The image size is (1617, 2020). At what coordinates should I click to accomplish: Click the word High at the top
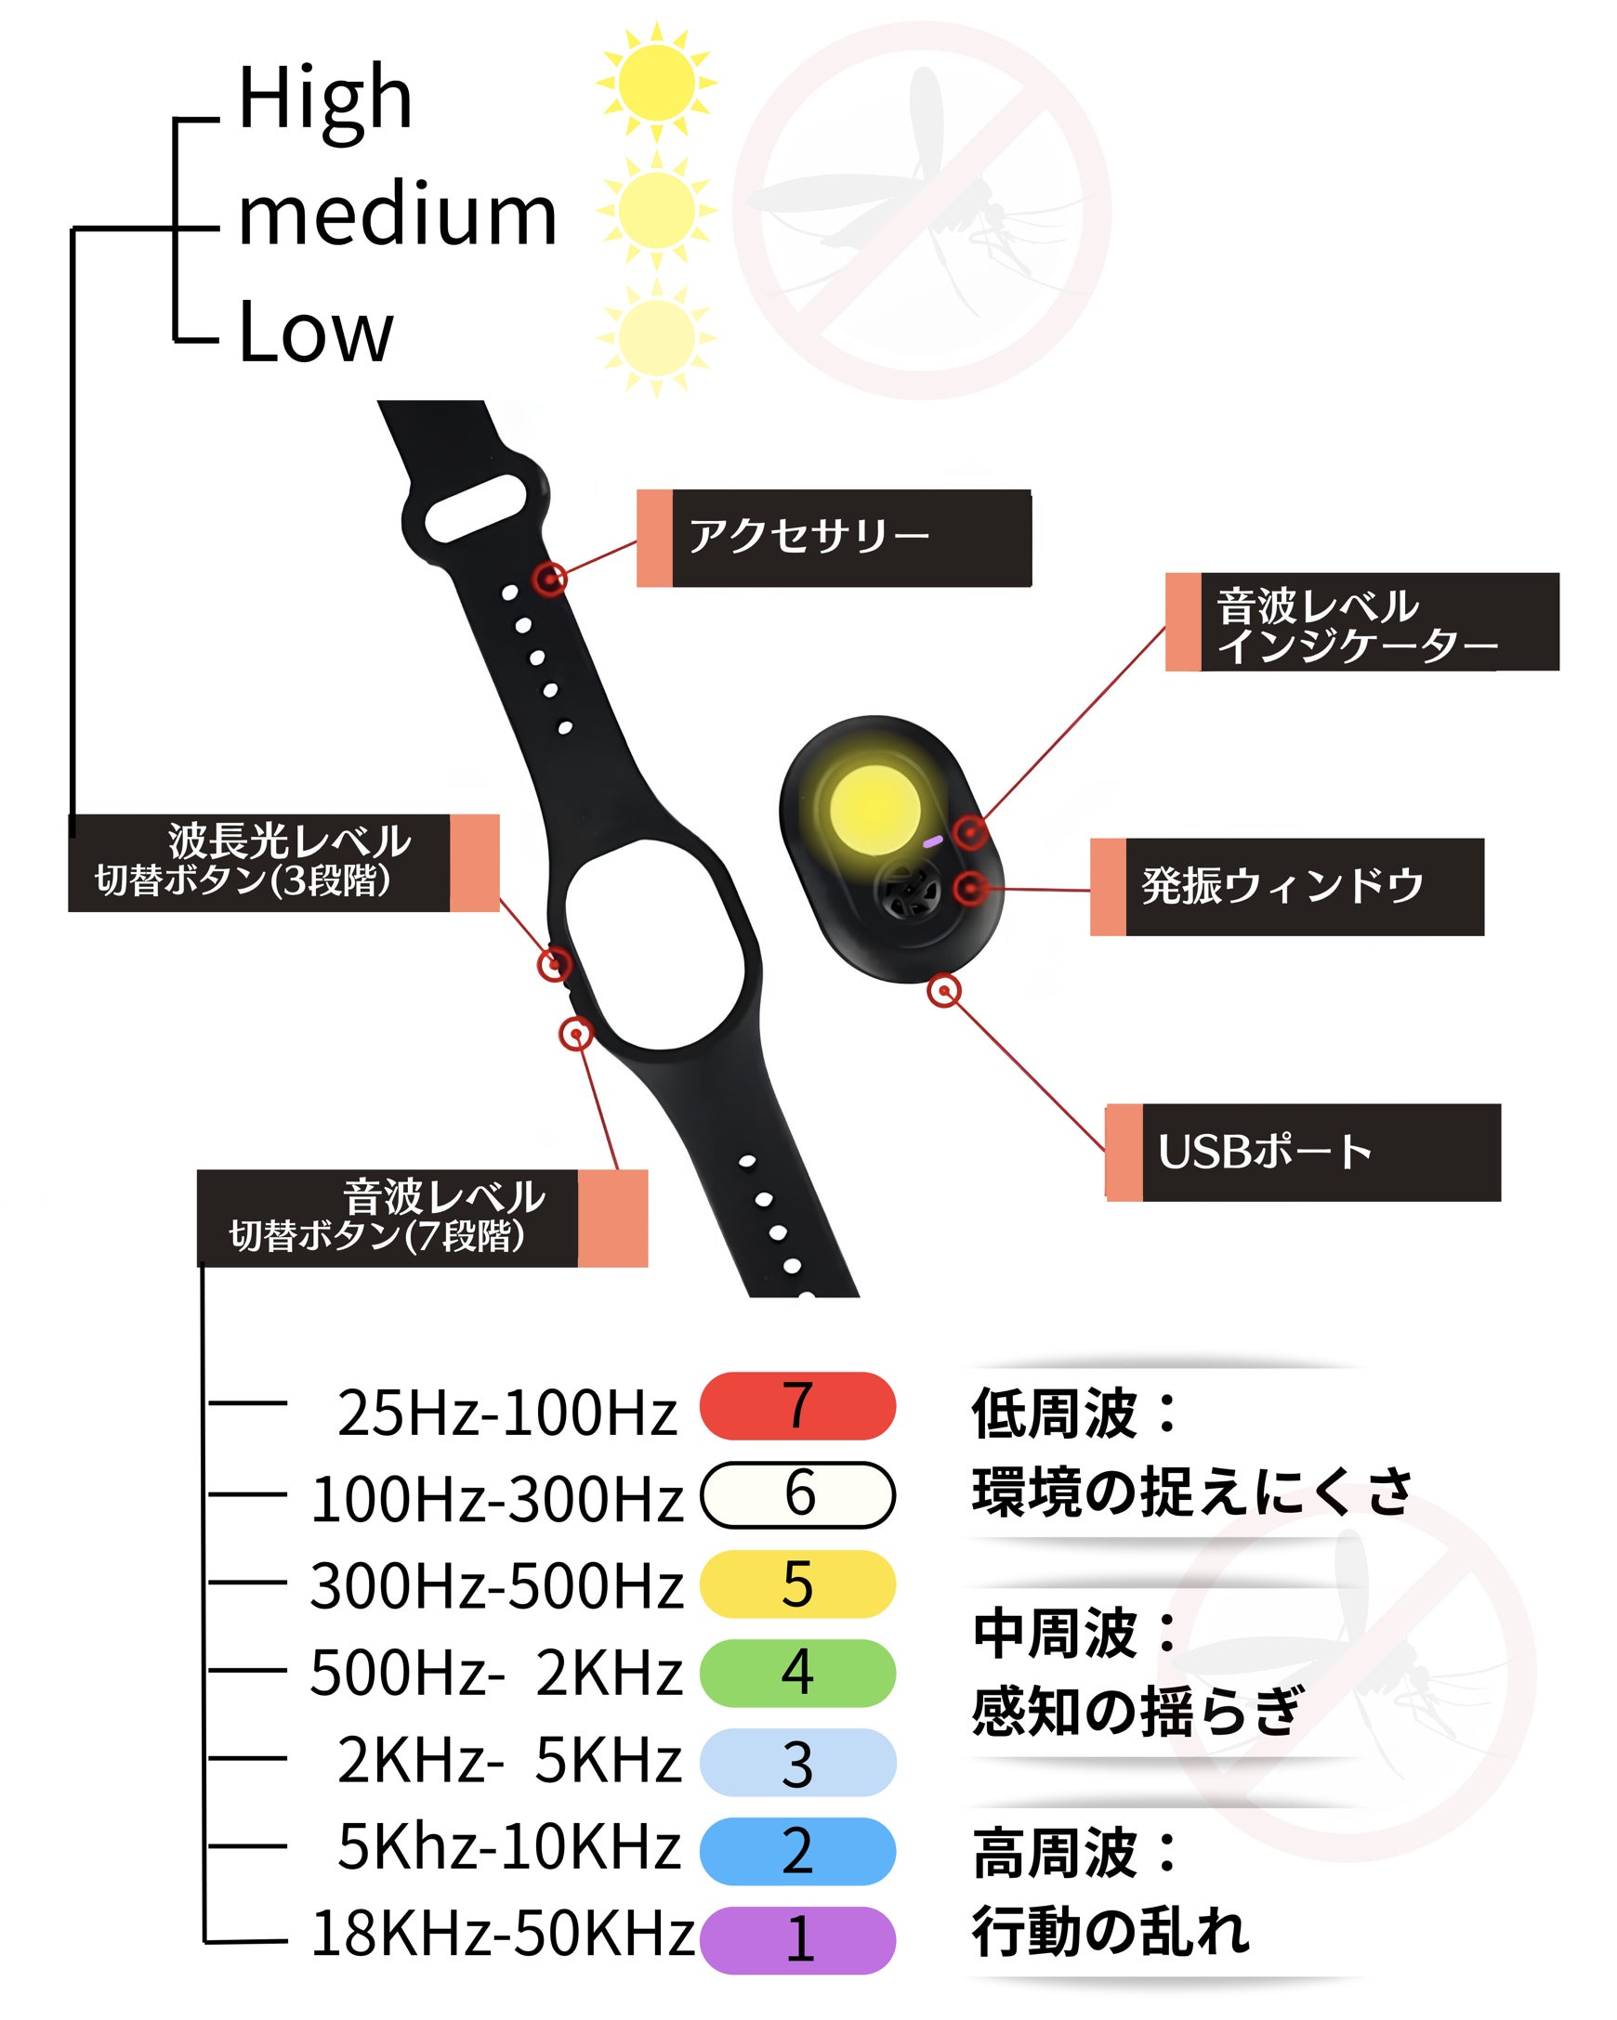pyautogui.click(x=324, y=99)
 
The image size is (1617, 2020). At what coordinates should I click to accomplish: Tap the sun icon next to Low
pyautogui.click(x=656, y=336)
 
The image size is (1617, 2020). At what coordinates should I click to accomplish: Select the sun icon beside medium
pyautogui.click(x=656, y=208)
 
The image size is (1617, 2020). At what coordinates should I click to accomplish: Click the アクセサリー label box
pyautogui.click(x=834, y=538)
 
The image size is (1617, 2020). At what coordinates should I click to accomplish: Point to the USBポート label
pyautogui.click(x=1303, y=1153)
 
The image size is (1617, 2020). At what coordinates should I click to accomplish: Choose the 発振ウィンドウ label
pyautogui.click(x=1287, y=886)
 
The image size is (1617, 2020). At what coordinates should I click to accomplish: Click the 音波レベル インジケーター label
pyautogui.click(x=1362, y=622)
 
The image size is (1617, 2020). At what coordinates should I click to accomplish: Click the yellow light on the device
pyautogui.click(x=874, y=809)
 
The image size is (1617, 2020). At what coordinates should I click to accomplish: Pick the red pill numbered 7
pyautogui.click(x=797, y=1405)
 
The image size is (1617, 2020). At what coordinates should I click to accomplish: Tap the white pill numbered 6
pyautogui.click(x=797, y=1494)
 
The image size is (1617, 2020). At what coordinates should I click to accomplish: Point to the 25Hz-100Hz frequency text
pyautogui.click(x=507, y=1412)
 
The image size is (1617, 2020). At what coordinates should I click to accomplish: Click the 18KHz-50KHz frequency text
pyautogui.click(x=503, y=1933)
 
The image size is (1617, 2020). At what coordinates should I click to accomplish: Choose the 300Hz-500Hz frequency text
pyautogui.click(x=496, y=1586)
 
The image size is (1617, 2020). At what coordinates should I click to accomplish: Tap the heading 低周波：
pyautogui.click(x=1074, y=1413)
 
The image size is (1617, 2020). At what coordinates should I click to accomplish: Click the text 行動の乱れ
pyautogui.click(x=1111, y=1932)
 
